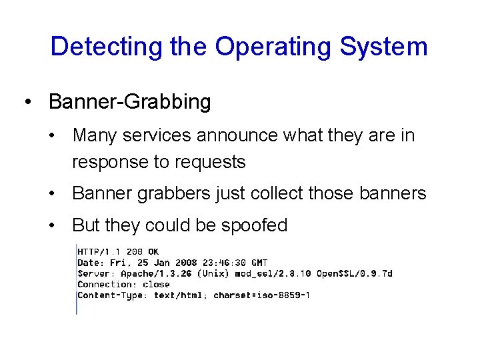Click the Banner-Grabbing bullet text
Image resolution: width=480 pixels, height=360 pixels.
(130, 102)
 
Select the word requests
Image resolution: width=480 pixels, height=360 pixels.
(211, 162)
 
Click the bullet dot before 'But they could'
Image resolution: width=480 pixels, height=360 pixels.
(53, 226)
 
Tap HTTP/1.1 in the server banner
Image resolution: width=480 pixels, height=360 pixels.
(98, 252)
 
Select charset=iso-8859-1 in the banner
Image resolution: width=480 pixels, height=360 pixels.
(262, 295)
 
